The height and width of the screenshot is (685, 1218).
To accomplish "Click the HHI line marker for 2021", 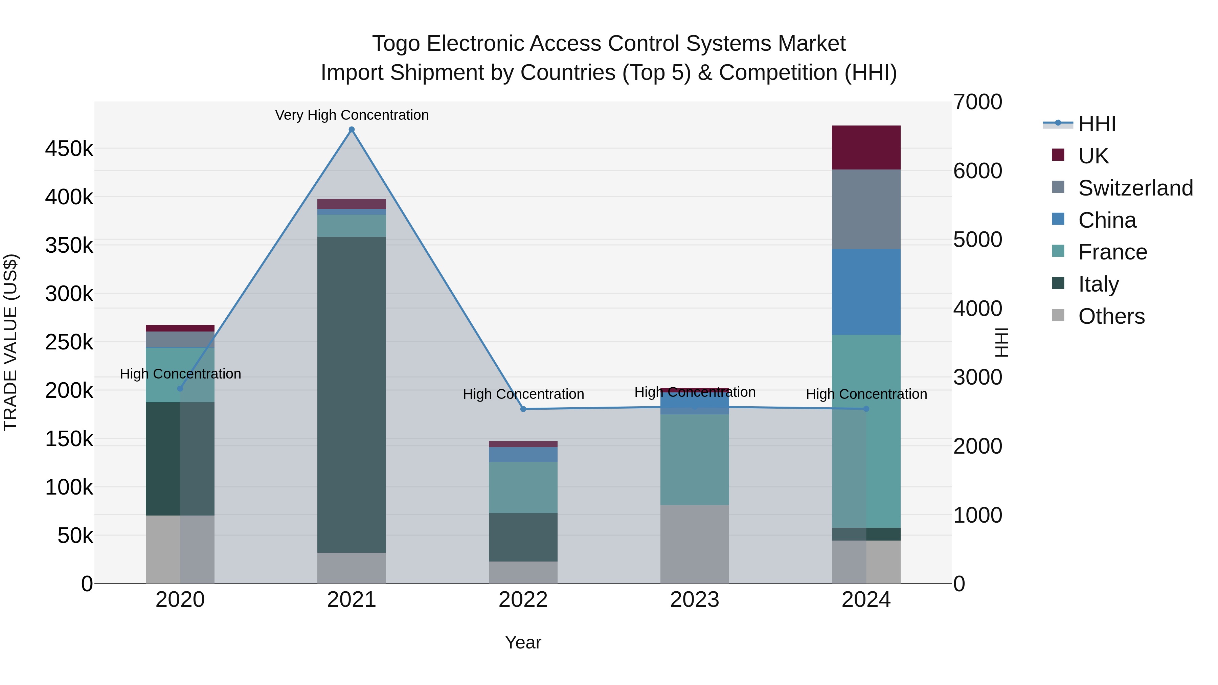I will (351, 130).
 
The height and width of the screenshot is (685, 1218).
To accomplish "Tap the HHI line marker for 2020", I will (180, 389).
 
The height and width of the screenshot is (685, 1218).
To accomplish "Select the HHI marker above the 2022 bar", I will (523, 409).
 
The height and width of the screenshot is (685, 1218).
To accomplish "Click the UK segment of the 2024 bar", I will (866, 147).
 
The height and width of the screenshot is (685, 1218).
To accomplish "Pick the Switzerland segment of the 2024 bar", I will (866, 209).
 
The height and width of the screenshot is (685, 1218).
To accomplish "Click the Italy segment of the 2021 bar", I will (351, 395).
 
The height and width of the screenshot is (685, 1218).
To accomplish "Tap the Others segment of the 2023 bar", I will (694, 544).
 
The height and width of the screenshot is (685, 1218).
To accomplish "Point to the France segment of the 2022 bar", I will (523, 487).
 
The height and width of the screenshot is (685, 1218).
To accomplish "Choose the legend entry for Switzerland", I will (1135, 188).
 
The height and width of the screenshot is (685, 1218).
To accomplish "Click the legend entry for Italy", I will (1098, 284).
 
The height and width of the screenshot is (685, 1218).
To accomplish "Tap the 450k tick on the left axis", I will (69, 149).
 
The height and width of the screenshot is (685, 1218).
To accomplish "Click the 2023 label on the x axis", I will (694, 600).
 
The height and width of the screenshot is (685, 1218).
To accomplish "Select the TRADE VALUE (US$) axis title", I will (10, 342).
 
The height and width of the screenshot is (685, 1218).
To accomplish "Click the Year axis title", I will (523, 642).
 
